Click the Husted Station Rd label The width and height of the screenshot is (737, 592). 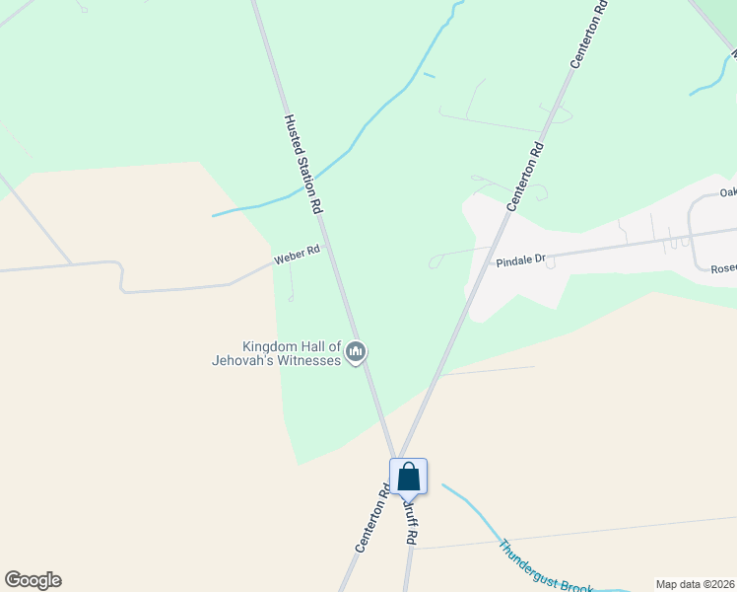pos(303,165)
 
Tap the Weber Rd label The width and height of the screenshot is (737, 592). pos(298,255)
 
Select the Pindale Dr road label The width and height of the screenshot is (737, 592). pos(521,260)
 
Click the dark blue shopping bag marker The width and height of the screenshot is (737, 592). pos(409,479)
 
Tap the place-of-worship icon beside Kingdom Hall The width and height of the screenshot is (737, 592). pos(357,351)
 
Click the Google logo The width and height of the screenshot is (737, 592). pos(33,580)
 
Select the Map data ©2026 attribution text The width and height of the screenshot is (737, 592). pos(695,584)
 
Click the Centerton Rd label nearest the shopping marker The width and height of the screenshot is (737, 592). pos(368,517)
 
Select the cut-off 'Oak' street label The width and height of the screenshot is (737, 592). pos(728,193)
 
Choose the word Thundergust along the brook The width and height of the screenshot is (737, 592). pos(529,558)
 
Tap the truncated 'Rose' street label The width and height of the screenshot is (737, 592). pos(723,267)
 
